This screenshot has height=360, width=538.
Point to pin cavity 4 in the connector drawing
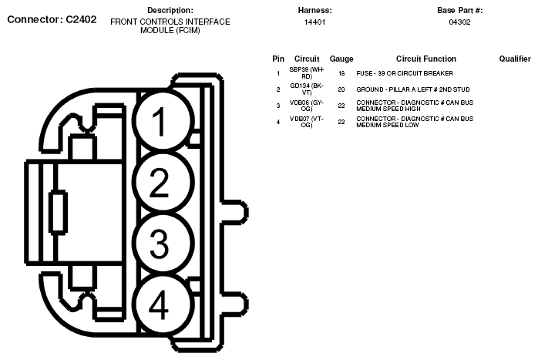point(159,306)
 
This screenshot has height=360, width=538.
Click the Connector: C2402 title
point(52,19)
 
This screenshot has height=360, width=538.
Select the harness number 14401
point(314,22)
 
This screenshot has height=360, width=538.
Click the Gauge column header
point(341,59)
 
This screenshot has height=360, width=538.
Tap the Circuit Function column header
point(425,59)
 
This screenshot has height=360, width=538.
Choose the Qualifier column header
point(515,59)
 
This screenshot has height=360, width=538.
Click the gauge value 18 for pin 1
point(341,73)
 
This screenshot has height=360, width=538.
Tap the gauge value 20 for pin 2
point(341,89)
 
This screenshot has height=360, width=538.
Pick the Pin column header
point(278,59)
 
